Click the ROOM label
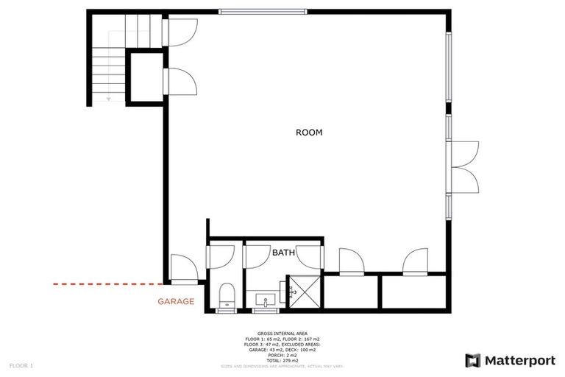(x=309, y=133)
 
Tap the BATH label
(x=284, y=253)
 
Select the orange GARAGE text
(x=176, y=301)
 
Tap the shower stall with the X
(x=303, y=293)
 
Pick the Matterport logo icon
(x=474, y=360)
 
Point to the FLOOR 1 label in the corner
(x=21, y=365)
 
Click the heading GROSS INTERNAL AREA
(x=282, y=333)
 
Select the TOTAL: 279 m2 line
(x=282, y=359)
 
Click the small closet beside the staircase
(x=145, y=75)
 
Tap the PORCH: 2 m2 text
(x=282, y=354)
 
